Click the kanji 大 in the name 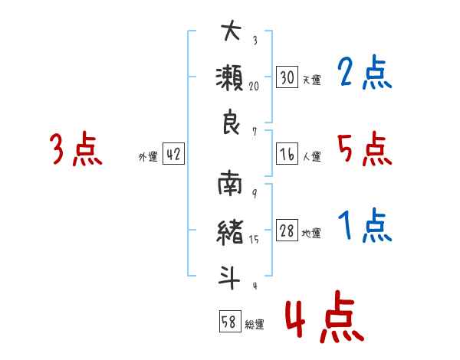232,31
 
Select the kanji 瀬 230,77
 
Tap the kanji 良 232,122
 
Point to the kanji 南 230,183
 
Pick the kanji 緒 230,233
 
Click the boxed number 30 287,77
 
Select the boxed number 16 287,154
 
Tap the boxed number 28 287,230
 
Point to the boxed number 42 173,154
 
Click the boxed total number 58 230,321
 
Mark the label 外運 148,156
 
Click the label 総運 255,324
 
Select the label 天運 311,80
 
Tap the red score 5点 364,149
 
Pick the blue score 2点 364,72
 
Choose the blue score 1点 364,225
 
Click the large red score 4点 324,316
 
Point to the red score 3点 76,149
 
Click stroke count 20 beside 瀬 254,87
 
